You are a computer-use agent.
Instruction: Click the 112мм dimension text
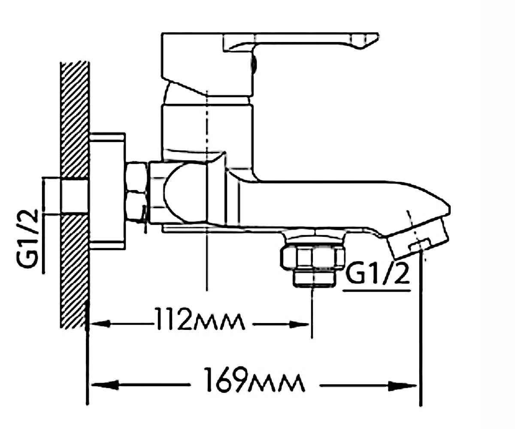pos(200,322)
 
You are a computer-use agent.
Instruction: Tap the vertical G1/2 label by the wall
pos(27,239)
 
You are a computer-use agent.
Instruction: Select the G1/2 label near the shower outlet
pos(378,273)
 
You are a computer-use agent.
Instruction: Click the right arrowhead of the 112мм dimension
pos(299,324)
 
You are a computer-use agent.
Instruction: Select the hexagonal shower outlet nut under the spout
pos(312,258)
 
